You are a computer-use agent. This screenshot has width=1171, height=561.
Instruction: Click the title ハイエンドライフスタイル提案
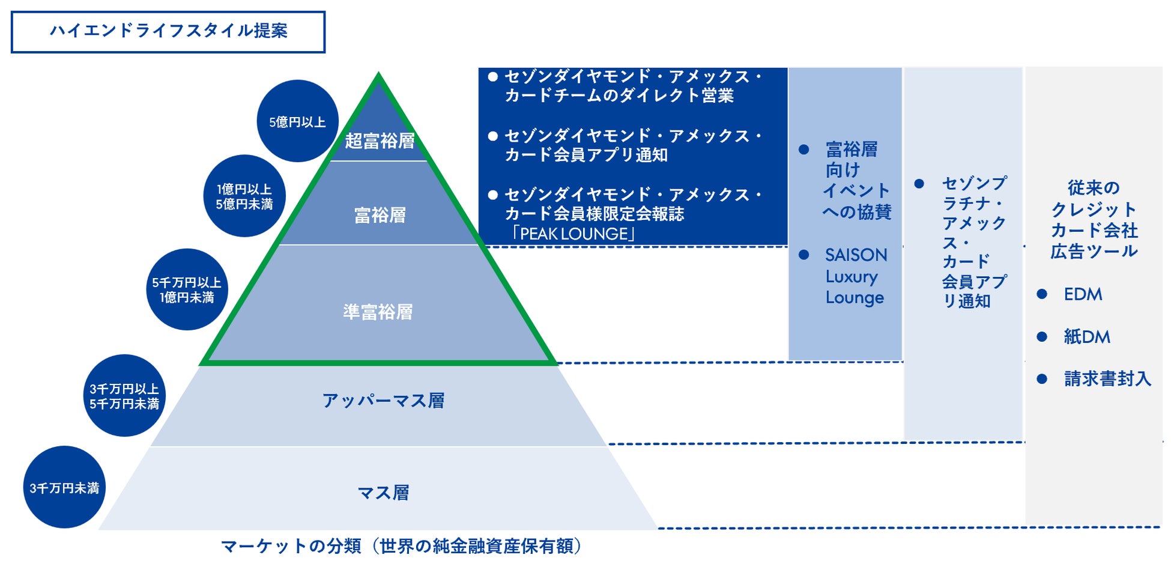(168, 31)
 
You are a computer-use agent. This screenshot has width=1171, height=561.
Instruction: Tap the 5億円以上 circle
(297, 122)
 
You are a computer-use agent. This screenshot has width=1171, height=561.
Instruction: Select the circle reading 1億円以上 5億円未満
(244, 196)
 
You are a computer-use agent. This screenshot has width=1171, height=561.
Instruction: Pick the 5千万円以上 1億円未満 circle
(187, 290)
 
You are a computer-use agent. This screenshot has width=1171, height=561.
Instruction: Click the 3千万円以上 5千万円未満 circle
(124, 396)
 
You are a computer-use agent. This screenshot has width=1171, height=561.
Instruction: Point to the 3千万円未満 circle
(64, 488)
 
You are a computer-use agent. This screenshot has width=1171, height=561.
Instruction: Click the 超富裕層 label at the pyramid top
(380, 141)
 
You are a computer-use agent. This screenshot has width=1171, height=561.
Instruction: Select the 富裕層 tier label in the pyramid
(380, 215)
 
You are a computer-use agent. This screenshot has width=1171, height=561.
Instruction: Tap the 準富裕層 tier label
(378, 312)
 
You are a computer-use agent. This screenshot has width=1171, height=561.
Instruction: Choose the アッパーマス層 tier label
(383, 401)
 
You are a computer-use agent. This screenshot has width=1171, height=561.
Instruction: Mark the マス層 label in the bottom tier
(383, 493)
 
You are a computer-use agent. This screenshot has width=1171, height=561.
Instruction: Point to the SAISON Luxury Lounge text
(855, 276)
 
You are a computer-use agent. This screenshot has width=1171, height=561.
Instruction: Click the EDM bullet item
(1083, 294)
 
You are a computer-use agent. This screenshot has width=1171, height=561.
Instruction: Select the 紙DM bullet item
(1086, 337)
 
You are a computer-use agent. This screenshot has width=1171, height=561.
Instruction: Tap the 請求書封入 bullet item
(1107, 378)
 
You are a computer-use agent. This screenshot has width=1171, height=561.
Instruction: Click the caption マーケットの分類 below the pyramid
(401, 546)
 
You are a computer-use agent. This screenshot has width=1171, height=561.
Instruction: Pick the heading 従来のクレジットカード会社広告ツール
(1094, 219)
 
